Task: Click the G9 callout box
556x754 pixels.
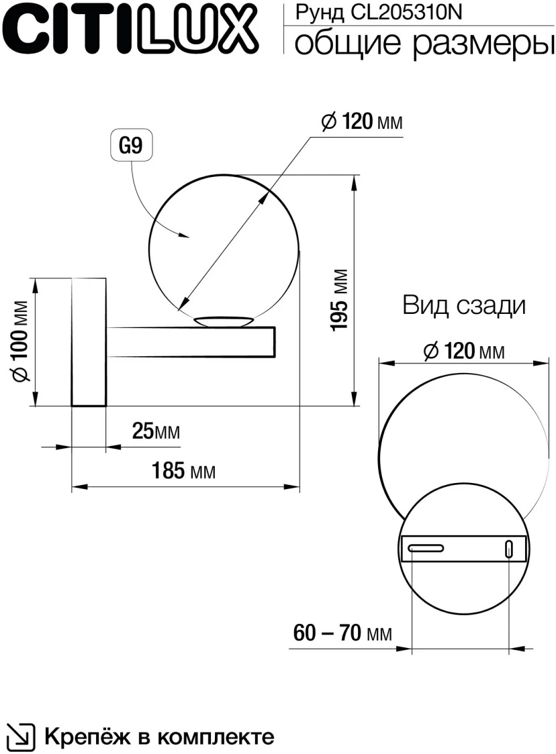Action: click(x=132, y=146)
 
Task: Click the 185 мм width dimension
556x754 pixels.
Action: click(x=181, y=472)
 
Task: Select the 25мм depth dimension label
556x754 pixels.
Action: click(x=156, y=431)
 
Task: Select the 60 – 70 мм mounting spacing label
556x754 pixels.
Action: click(x=342, y=633)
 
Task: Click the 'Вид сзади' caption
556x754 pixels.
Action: click(x=463, y=306)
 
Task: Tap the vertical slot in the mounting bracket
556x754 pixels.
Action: click(x=509, y=549)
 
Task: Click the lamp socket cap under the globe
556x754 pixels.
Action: click(x=224, y=321)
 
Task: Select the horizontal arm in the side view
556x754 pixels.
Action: click(x=191, y=342)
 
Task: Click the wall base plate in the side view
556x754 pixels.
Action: click(x=89, y=341)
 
